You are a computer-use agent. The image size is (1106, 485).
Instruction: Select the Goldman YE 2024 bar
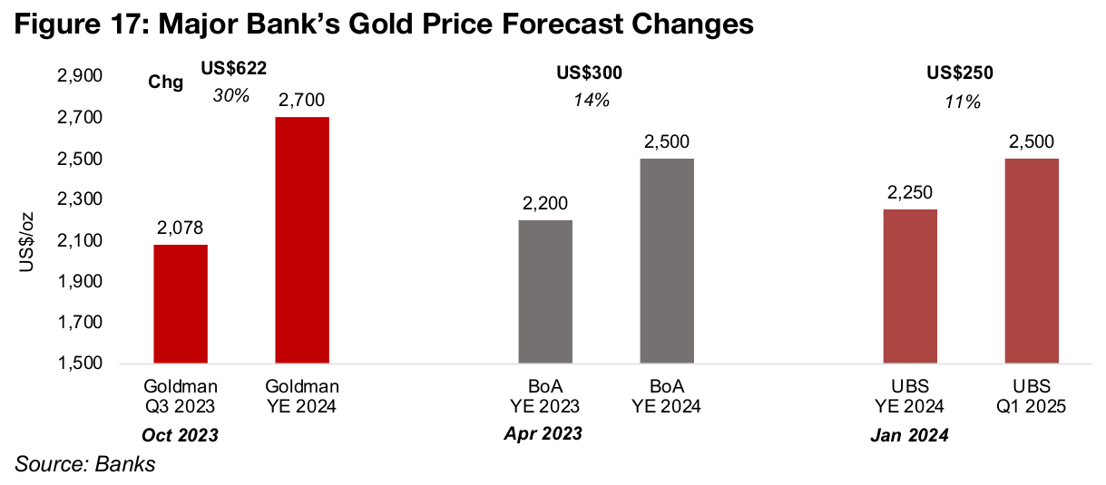(302, 240)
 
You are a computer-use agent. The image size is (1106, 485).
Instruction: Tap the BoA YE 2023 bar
(545, 292)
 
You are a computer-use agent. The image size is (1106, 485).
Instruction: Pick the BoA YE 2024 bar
(667, 261)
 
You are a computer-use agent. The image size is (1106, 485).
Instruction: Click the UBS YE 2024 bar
(910, 286)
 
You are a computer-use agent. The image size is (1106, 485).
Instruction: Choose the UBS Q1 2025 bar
(1032, 261)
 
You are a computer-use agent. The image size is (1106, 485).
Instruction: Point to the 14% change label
(591, 100)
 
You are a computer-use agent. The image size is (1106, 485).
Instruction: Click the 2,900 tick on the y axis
(79, 77)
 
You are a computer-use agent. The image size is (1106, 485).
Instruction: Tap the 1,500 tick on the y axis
(79, 364)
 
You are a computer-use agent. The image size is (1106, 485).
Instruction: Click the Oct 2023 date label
(180, 435)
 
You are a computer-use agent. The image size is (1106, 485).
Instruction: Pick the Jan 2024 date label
(910, 436)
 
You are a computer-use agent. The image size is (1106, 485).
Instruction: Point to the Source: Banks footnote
(84, 465)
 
